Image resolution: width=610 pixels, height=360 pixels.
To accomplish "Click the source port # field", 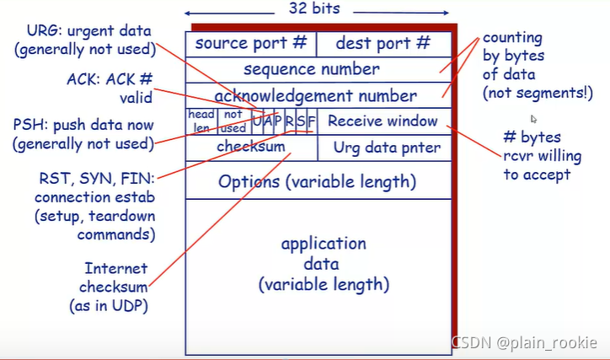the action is coord(251,44).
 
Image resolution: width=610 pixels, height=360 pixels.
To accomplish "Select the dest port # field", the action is coord(383,44).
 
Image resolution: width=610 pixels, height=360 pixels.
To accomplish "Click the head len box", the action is coord(201,121).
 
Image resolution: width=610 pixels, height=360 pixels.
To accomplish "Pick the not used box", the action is coord(233,121).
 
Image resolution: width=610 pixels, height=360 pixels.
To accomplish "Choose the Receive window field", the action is coord(383,121).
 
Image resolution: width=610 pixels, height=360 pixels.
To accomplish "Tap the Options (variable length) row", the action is coord(318,181).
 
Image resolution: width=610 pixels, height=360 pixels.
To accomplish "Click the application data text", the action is coord(324,264).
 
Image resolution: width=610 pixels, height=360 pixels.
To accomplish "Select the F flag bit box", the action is coord(312,121).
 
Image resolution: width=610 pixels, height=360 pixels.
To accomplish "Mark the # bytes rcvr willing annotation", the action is coord(537,156).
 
